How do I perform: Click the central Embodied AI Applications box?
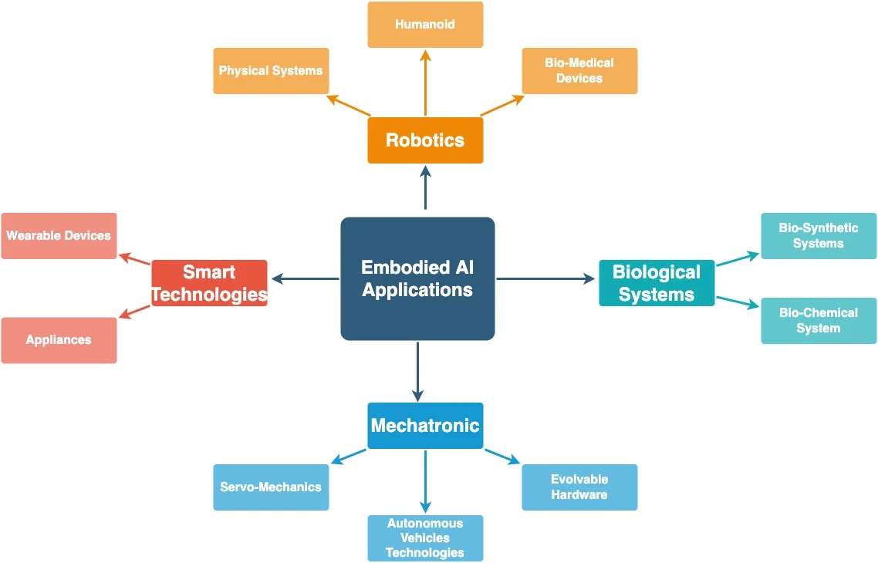pyautogui.click(x=417, y=278)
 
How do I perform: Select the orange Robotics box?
pyautogui.click(x=425, y=140)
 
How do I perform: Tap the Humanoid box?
pyautogui.click(x=425, y=25)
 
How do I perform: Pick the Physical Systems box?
pyautogui.click(x=271, y=71)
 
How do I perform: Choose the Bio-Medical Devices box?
pyautogui.click(x=579, y=71)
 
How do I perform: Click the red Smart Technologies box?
pyautogui.click(x=209, y=283)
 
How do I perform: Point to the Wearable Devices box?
pyautogui.click(x=59, y=236)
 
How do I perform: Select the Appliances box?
pyautogui.click(x=59, y=340)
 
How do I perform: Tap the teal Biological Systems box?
pyautogui.click(x=657, y=283)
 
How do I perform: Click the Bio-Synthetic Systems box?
pyautogui.click(x=819, y=236)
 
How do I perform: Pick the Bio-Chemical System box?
pyautogui.click(x=819, y=321)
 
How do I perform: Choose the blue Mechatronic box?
pyautogui.click(x=425, y=426)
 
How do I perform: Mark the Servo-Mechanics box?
pyautogui.click(x=271, y=487)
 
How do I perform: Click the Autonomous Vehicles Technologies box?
pyautogui.click(x=425, y=538)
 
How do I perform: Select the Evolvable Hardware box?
pyautogui.click(x=579, y=487)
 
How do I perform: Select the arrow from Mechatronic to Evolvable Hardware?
pyautogui.click(x=502, y=456)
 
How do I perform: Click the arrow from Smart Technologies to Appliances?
pyautogui.click(x=134, y=311)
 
